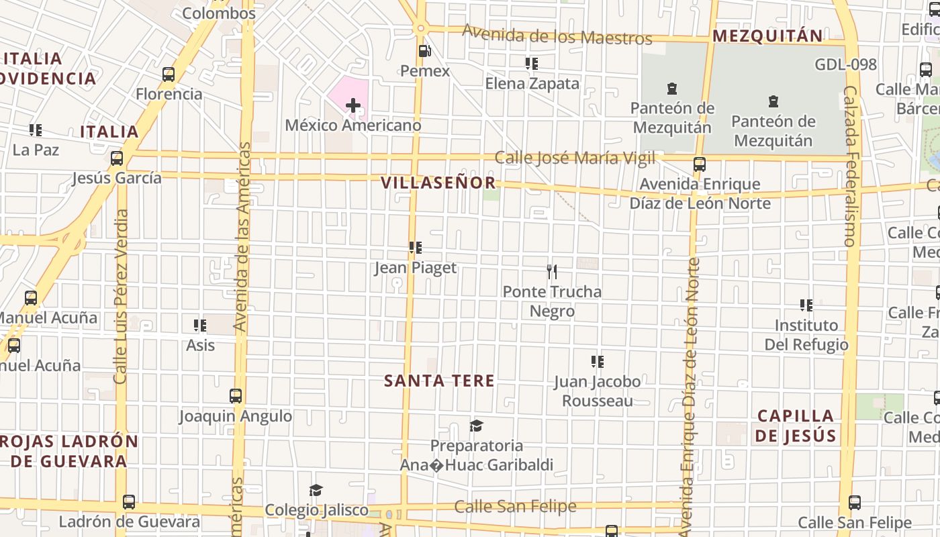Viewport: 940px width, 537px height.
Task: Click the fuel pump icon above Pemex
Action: tap(424, 51)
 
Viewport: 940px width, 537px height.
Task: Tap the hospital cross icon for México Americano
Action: tap(353, 105)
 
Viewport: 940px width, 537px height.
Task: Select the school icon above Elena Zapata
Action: tap(532, 64)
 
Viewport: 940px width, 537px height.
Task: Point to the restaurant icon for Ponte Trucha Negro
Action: tap(552, 272)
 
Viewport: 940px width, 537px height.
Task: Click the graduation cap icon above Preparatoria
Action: tap(477, 426)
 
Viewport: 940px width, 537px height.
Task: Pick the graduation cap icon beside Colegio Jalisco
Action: tap(316, 491)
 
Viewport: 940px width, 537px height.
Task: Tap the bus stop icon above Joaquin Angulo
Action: tap(236, 396)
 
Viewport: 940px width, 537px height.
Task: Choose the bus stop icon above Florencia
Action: tap(169, 75)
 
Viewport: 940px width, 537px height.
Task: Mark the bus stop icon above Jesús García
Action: tap(117, 158)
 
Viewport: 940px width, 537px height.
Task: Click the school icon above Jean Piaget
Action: tap(416, 248)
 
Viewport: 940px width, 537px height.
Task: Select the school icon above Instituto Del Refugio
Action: tap(806, 305)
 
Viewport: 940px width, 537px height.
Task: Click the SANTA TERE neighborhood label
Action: tap(439, 381)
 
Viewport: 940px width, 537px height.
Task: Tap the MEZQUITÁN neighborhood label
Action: tap(767, 36)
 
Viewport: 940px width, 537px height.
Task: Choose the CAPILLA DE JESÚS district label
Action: tap(796, 426)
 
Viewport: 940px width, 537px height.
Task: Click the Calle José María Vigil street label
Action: tap(575, 158)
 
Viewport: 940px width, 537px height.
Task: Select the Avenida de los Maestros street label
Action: tap(557, 34)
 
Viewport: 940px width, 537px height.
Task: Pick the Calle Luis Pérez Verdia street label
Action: tap(121, 297)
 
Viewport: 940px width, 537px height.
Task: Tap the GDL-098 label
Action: tap(846, 64)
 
